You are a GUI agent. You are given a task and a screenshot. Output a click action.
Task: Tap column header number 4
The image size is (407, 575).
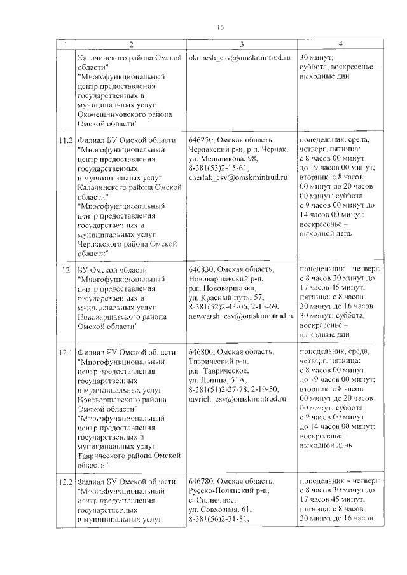[x=341, y=44]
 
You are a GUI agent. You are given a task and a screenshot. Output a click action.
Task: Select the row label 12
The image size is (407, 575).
[x=65, y=270]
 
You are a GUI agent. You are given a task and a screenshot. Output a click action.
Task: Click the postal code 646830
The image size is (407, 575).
[x=202, y=270]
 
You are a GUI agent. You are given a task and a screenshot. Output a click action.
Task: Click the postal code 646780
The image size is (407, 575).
[x=202, y=482]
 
